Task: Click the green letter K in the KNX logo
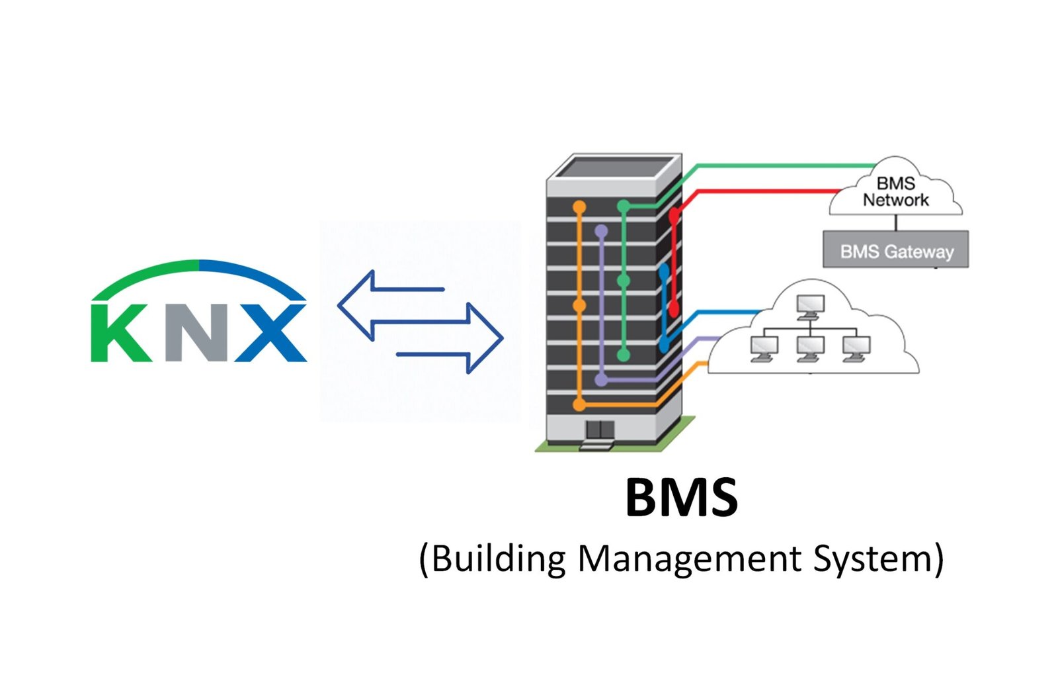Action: (122, 333)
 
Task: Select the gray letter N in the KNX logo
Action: (196, 333)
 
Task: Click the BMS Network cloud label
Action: (895, 192)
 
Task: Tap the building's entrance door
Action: (600, 430)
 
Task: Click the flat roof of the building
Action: (613, 167)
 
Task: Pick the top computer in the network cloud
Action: (810, 305)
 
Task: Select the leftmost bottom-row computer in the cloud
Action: (764, 347)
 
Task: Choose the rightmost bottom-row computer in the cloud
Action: (856, 347)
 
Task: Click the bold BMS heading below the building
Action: (681, 498)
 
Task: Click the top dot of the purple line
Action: (601, 232)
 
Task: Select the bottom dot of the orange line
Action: (579, 404)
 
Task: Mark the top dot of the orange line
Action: (579, 208)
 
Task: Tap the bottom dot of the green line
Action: (623, 355)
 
